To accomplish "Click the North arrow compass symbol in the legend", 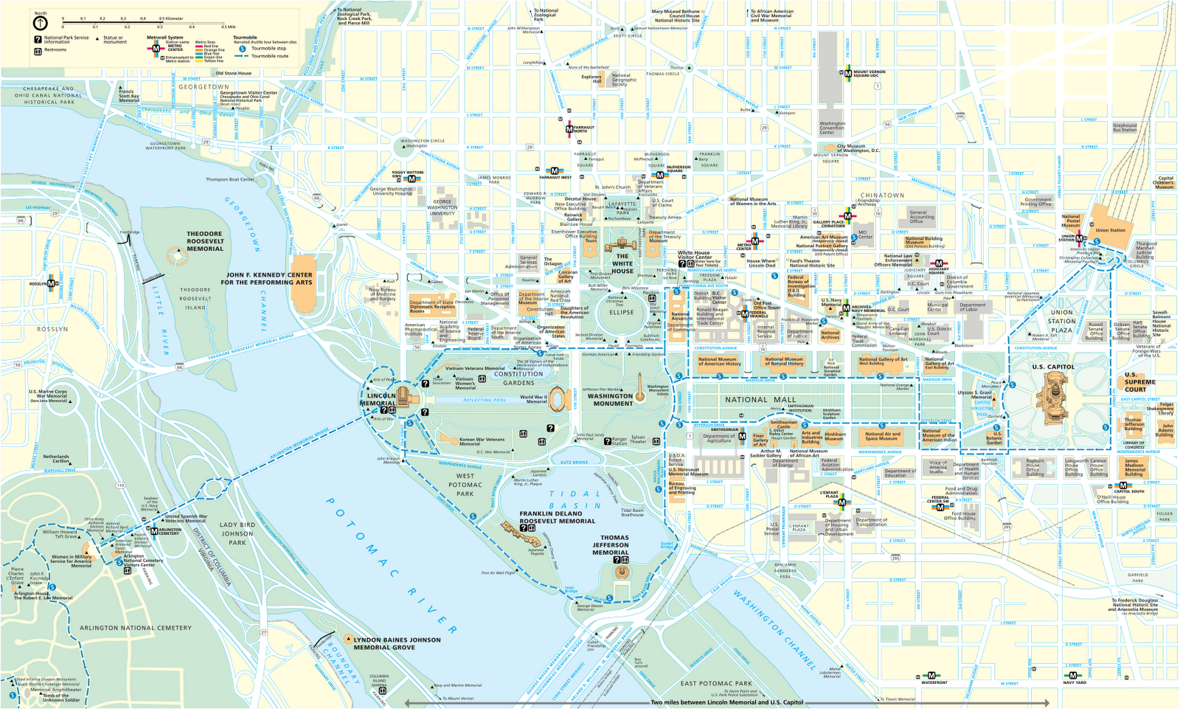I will [x=40, y=22].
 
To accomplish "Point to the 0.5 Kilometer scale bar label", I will [x=172, y=18].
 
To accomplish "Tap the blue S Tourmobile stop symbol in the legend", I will [x=243, y=49].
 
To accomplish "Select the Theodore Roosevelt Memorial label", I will [x=205, y=241].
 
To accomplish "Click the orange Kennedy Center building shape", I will [x=302, y=282].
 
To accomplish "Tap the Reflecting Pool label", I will [x=485, y=400].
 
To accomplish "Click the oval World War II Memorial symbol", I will [x=558, y=399].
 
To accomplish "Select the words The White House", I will [x=622, y=263].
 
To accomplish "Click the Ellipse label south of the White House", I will [x=621, y=312].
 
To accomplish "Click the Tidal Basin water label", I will [x=575, y=499].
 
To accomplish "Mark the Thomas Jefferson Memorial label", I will [x=611, y=545].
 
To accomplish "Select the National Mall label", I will [x=760, y=400].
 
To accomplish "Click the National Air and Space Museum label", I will [x=882, y=436].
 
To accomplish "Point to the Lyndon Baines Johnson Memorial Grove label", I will [x=397, y=643].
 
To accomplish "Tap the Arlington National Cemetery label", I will [x=136, y=628].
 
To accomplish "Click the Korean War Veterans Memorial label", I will [x=482, y=441].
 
